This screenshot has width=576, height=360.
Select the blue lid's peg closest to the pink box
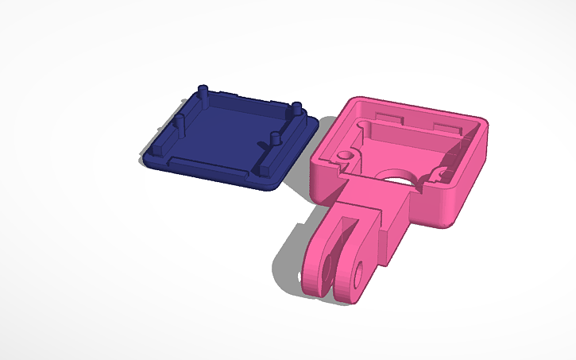tap(296, 110)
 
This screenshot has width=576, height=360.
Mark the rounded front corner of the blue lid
tap(270, 185)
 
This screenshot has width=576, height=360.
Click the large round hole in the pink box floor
tap(398, 176)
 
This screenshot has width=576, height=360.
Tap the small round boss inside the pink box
tap(345, 153)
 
